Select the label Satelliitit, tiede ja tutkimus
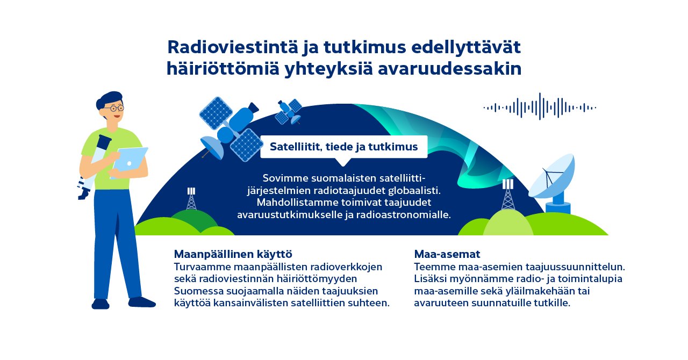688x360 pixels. click(x=343, y=147)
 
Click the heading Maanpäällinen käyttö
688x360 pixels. click(x=233, y=254)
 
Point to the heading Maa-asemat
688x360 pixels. click(x=447, y=254)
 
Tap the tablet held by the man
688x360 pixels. click(x=131, y=159)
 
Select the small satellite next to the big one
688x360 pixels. click(x=289, y=110)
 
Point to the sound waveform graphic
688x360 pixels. click(x=540, y=107)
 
